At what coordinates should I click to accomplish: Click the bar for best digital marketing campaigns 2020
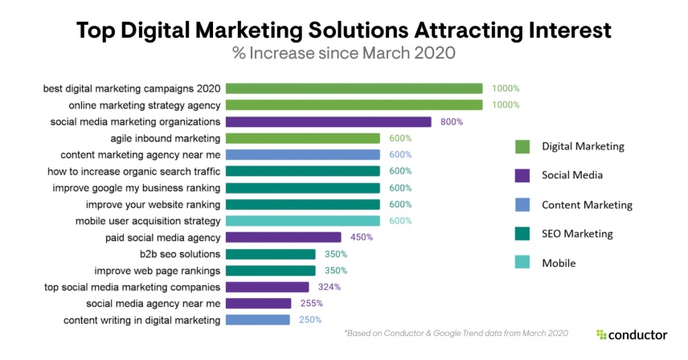pyautogui.click(x=354, y=88)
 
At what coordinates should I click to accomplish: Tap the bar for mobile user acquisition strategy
pyautogui.click(x=302, y=221)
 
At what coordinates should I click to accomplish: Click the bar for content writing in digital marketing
pyautogui.click(x=257, y=320)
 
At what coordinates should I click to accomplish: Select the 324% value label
pyautogui.click(x=329, y=287)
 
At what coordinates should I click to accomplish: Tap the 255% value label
pyautogui.click(x=311, y=304)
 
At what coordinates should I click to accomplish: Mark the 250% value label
pyautogui.click(x=309, y=320)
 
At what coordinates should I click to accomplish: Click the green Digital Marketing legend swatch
pyautogui.click(x=522, y=146)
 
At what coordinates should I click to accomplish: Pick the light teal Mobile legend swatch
pyautogui.click(x=522, y=263)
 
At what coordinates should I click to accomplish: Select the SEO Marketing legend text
pyautogui.click(x=578, y=234)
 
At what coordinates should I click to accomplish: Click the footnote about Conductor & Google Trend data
pyautogui.click(x=455, y=333)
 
